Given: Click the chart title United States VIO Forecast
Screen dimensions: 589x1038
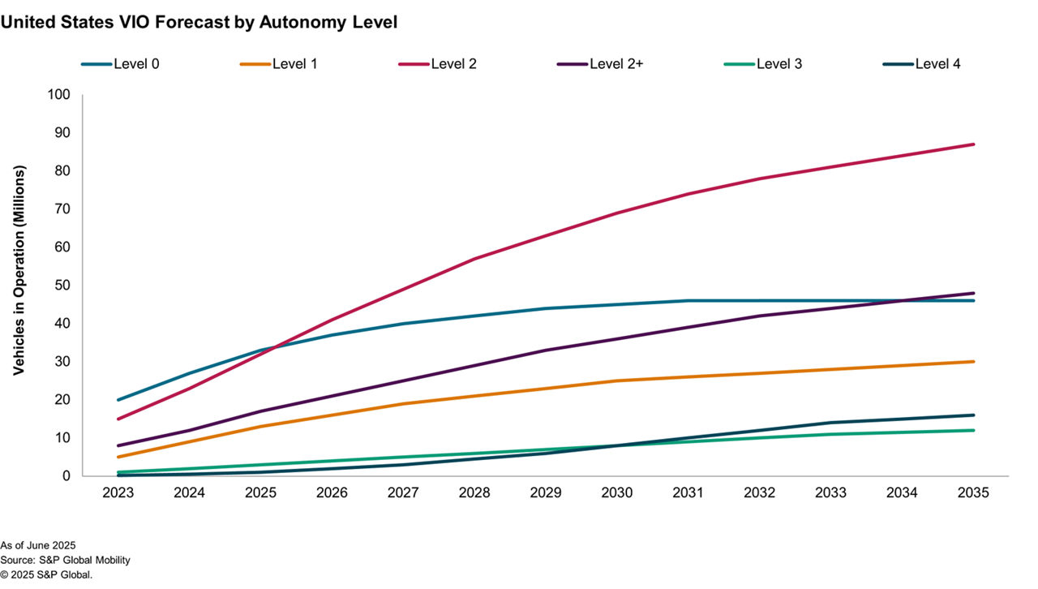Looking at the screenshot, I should coord(199,23).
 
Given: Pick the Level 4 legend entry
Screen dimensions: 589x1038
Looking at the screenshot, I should coord(937,63).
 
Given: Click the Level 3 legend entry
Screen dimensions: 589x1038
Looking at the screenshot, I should coord(779,63).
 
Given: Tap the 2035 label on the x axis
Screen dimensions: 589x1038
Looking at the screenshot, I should coord(973,492).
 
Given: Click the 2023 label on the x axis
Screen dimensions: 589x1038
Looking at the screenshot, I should coord(118,492).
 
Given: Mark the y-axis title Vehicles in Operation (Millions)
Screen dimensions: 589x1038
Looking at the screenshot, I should coord(19,270).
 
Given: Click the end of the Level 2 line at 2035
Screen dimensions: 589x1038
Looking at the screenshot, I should coord(973,144).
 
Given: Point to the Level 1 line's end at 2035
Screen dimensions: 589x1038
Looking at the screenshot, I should coord(973,362).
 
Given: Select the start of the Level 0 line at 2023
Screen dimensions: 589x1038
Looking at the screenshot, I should coord(118,400).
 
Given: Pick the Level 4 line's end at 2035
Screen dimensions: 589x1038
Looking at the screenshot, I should coord(973,415).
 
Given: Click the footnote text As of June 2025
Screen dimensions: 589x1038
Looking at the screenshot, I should coord(39,545).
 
